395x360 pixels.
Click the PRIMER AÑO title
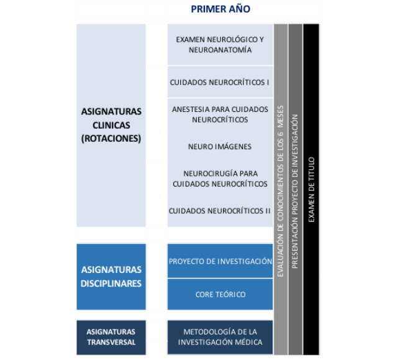pos(220,9)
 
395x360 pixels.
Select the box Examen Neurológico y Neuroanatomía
pos(220,44)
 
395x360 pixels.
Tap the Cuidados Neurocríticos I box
pos(220,81)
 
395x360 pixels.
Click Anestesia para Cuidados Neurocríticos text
pos(220,114)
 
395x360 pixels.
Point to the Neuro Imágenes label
pos(220,147)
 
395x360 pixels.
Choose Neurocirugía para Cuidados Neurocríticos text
pos(220,178)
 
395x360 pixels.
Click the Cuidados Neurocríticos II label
pos(220,211)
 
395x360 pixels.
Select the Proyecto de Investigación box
pos(220,261)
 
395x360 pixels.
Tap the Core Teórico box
pos(220,294)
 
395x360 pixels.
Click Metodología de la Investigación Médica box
pos(220,337)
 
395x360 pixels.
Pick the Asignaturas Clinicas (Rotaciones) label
pos(111,126)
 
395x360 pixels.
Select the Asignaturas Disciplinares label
pos(111,277)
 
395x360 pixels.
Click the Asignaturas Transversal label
pos(111,337)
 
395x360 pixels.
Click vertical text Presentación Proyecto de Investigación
pos(296,187)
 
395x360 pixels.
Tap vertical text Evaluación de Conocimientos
pos(280,187)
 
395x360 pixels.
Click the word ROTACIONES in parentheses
pos(111,139)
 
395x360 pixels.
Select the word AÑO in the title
pos(238,9)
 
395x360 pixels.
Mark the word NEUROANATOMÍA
pos(220,50)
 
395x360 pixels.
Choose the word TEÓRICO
pos(230,294)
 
